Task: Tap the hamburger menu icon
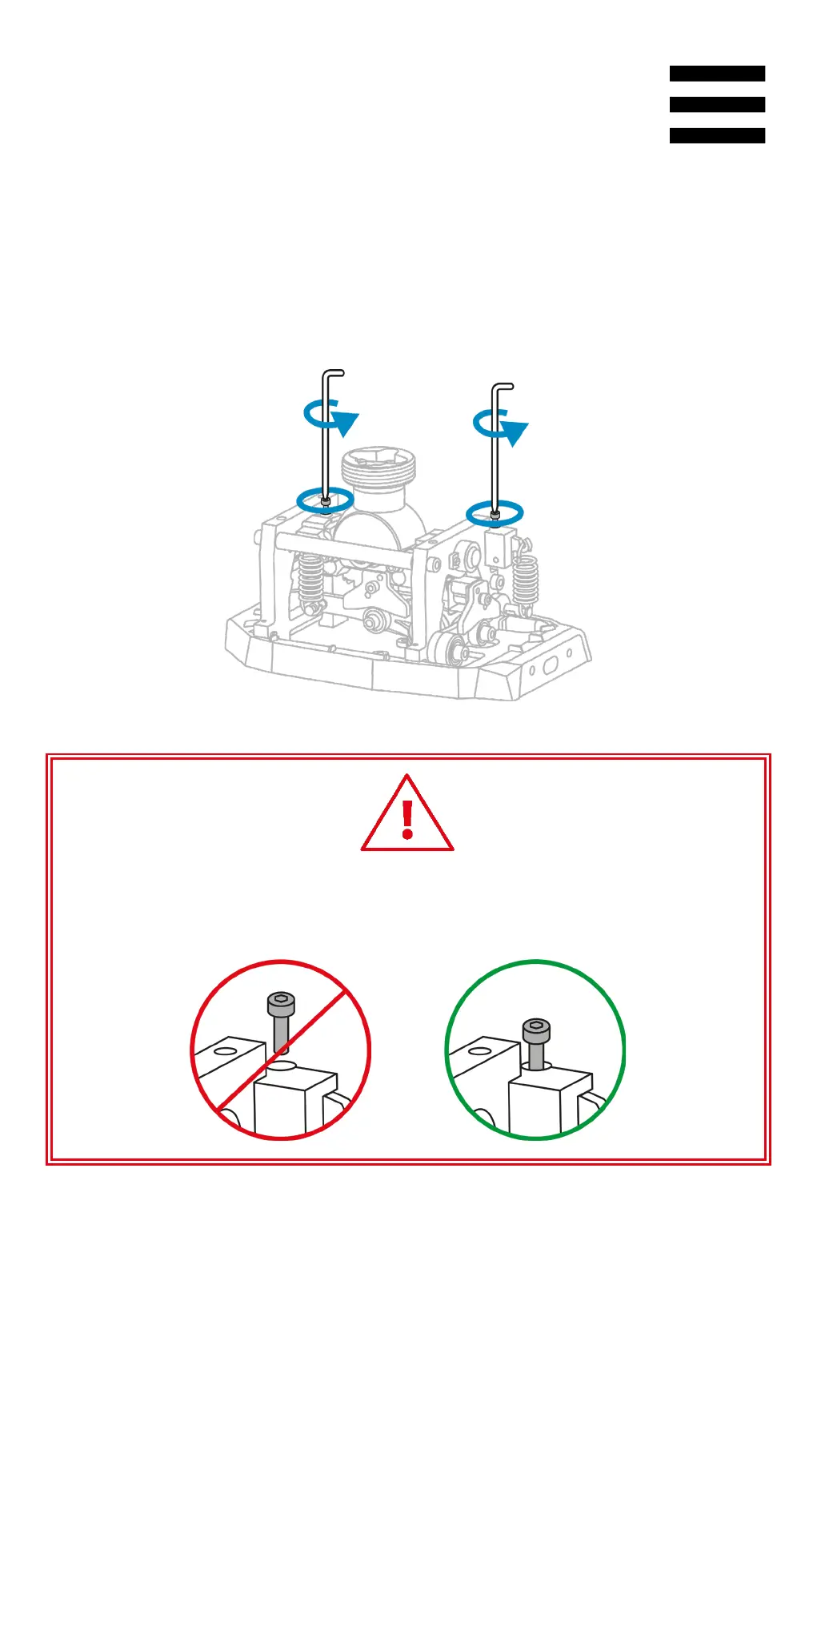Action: click(717, 104)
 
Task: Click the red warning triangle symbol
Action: click(407, 814)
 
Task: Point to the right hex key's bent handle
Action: click(503, 387)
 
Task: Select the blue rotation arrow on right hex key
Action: click(501, 426)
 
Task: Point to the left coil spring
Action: click(310, 578)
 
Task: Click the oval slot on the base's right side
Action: click(551, 665)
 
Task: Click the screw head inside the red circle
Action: click(281, 1003)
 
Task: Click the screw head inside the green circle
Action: click(536, 1030)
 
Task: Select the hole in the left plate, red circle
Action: click(226, 1050)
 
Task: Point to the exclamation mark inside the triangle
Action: click(407, 819)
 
